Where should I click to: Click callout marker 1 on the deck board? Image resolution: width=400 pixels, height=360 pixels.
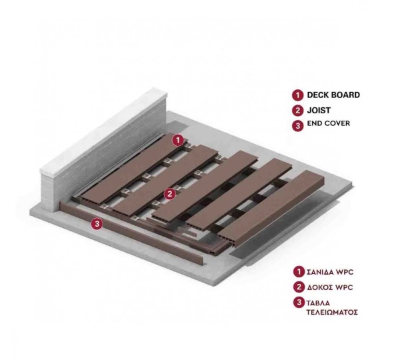178,140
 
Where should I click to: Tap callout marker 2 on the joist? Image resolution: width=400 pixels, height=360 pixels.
170,194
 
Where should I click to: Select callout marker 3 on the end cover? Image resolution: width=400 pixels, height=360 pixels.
97,224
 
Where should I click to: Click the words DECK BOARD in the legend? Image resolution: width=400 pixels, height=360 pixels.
333,95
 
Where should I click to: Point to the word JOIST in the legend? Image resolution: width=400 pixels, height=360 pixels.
319,110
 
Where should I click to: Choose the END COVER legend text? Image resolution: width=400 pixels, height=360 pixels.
329,123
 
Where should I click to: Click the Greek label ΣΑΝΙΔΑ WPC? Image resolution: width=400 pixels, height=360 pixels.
330,272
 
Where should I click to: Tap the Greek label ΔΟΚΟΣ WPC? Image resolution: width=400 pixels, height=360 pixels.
329,287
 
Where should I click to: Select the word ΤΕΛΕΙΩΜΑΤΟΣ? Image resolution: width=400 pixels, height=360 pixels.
332,312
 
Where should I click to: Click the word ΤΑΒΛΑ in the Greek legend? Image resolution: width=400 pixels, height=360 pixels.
318,303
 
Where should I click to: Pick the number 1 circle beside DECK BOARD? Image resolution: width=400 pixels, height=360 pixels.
298,95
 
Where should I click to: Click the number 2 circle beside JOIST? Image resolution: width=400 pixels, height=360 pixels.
298,111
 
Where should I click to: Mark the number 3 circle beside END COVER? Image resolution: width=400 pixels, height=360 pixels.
298,126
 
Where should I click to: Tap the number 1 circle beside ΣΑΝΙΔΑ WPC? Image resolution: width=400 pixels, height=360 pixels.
299,272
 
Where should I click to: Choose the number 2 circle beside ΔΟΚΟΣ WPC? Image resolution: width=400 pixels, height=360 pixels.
299,287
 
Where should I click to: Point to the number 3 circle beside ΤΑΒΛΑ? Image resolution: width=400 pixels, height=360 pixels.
299,303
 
